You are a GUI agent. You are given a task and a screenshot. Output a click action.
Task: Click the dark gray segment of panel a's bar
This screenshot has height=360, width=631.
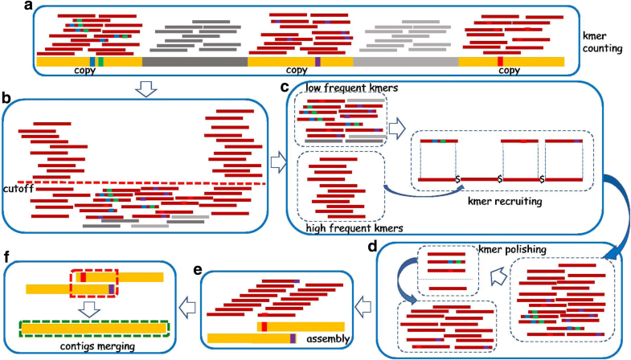point(195,61)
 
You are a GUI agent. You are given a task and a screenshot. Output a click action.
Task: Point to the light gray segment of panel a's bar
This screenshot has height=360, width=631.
point(405,61)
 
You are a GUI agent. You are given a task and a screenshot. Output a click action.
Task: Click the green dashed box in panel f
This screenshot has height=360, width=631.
point(95,328)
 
